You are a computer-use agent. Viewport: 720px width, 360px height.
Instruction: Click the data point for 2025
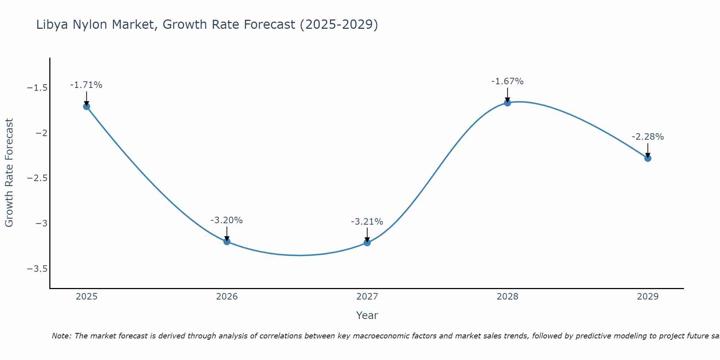pos(86,107)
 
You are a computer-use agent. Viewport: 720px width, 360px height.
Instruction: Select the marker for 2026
pos(227,242)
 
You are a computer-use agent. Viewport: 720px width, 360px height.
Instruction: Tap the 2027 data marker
pos(367,243)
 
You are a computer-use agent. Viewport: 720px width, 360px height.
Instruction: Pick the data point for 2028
pos(508,103)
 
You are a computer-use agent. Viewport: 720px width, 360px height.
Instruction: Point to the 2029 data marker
pos(648,158)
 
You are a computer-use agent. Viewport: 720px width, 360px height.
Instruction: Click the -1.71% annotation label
pos(86,85)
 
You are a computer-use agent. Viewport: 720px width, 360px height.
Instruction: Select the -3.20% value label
pos(226,220)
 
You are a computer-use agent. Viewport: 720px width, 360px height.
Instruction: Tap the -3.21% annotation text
pos(367,221)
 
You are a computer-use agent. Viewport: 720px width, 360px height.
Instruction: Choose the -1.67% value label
pos(507,81)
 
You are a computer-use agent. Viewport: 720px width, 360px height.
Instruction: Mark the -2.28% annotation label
pos(648,137)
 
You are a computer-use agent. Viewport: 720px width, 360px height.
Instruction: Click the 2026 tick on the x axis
pos(227,297)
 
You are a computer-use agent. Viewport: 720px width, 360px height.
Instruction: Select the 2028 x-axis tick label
pos(508,297)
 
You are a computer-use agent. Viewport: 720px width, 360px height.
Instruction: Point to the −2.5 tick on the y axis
pos(37,179)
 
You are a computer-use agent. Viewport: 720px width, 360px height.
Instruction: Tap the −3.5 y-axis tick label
pos(37,269)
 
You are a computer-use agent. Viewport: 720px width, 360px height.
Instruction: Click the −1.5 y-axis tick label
pos(37,88)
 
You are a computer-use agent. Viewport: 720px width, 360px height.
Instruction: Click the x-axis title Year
pos(367,315)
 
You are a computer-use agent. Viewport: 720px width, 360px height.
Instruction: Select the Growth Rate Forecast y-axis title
pos(9,173)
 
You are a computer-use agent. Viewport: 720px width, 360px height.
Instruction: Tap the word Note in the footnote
pos(61,336)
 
